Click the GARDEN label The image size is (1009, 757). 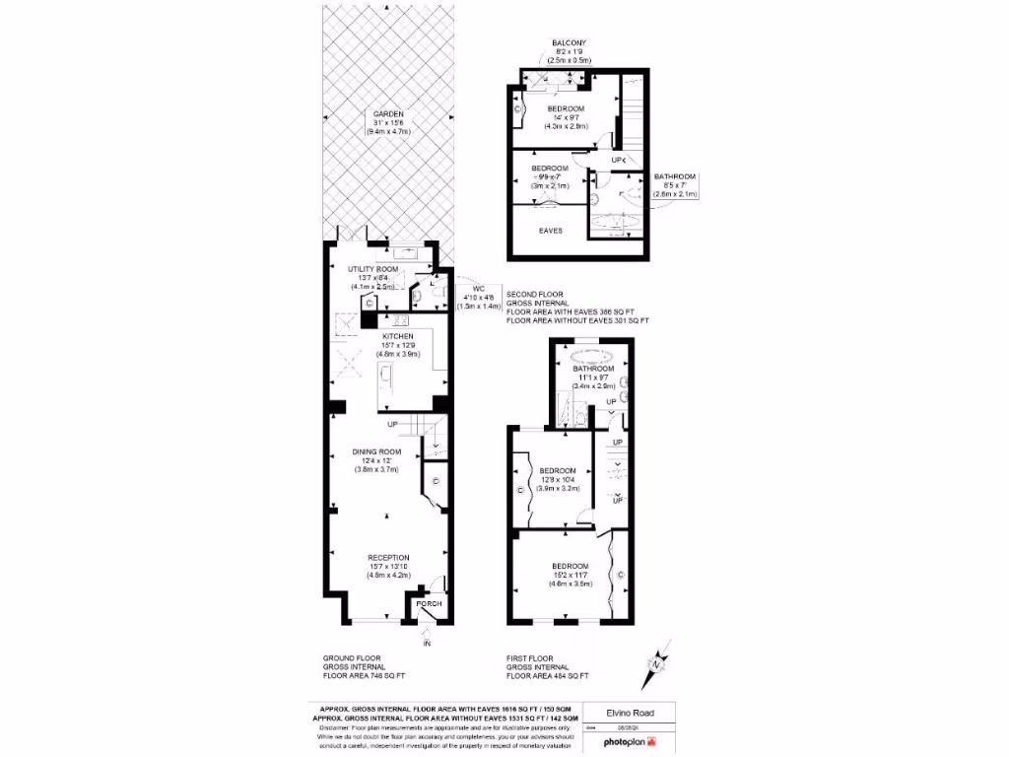(387, 113)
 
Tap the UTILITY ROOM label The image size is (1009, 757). (372, 269)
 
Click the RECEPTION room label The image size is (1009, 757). (387, 557)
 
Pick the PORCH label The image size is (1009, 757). (429, 604)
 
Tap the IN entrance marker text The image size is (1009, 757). (427, 644)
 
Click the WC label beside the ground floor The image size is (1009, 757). (479, 289)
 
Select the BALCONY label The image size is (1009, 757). (569, 42)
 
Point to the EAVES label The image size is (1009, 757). (550, 230)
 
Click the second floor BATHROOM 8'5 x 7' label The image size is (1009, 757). (674, 176)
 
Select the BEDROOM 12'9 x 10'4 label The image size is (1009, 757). (557, 470)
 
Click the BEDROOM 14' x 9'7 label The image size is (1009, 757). (566, 108)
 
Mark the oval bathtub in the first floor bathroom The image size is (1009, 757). (589, 355)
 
